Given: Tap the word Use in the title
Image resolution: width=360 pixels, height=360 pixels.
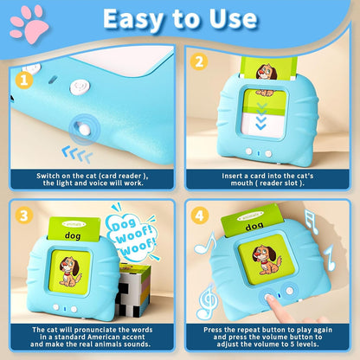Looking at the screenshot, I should tap(226, 19).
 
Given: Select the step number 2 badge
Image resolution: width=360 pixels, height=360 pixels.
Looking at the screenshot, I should tap(198, 62).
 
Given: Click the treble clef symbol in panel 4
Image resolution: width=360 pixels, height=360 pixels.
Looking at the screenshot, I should tap(206, 301).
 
